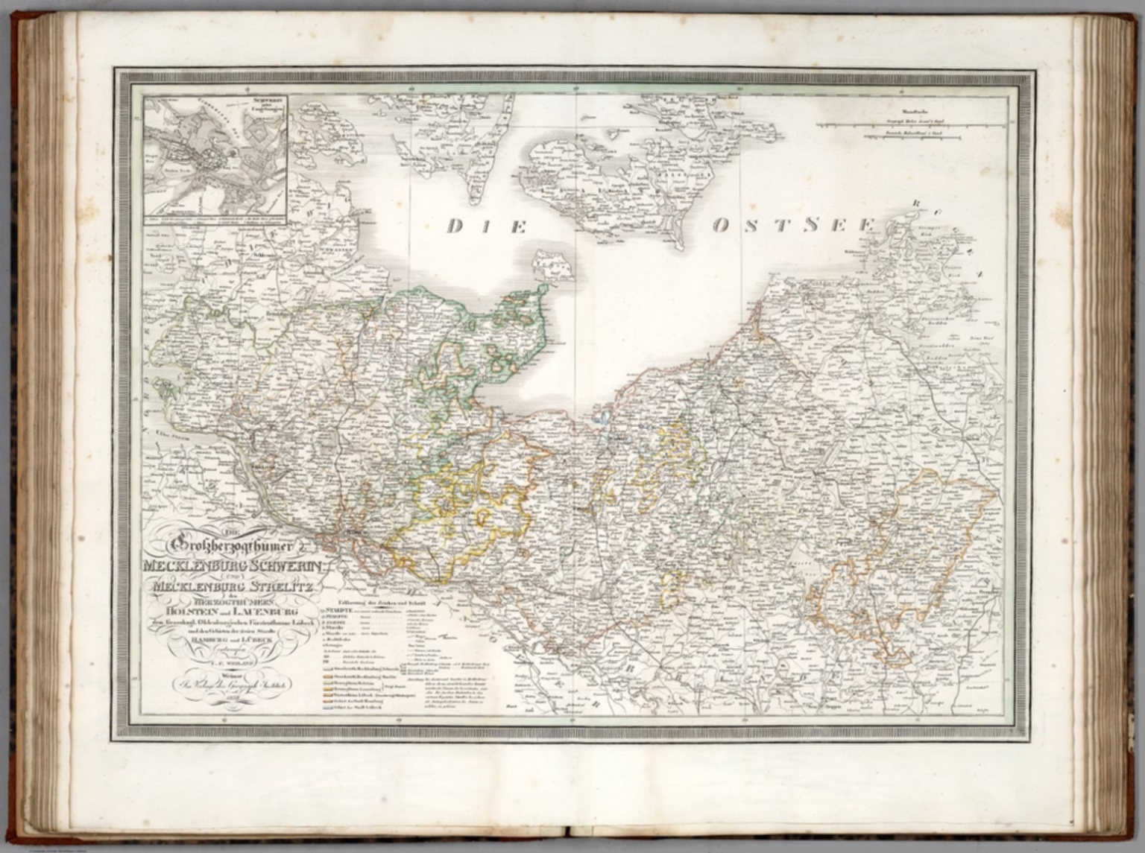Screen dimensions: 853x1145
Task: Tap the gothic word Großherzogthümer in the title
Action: coord(234,546)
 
